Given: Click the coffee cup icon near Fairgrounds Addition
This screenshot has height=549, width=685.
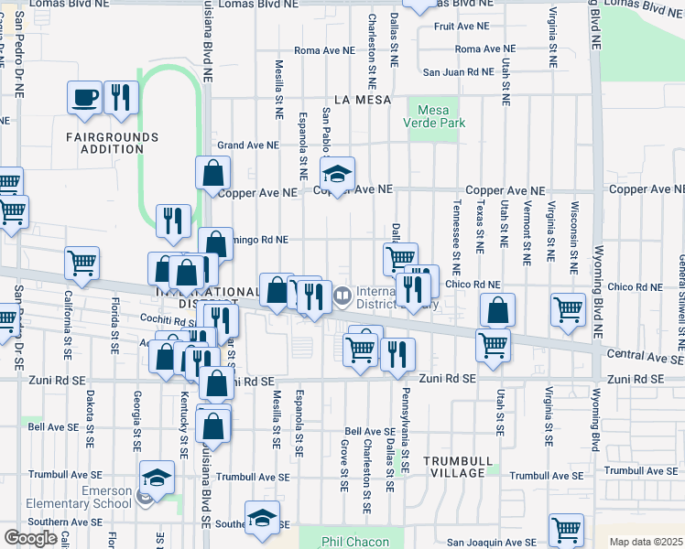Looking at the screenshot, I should (84, 97).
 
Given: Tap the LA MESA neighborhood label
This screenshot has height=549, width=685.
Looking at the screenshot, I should (363, 99).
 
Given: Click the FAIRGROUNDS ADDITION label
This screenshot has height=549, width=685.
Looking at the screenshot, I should (112, 143).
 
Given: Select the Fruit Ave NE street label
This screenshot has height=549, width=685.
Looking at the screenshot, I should (462, 27).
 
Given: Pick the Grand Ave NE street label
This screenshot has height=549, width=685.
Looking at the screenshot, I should (247, 145).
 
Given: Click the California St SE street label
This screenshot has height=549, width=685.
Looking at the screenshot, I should (68, 324).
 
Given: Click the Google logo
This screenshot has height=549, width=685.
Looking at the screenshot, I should (30, 537).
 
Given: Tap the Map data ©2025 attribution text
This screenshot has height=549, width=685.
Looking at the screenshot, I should (646, 542).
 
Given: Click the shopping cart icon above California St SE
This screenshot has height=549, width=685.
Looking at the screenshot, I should (82, 264).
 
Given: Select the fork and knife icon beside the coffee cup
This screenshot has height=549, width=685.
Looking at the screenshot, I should (121, 97).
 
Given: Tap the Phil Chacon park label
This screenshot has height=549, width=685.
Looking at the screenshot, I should (357, 542).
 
